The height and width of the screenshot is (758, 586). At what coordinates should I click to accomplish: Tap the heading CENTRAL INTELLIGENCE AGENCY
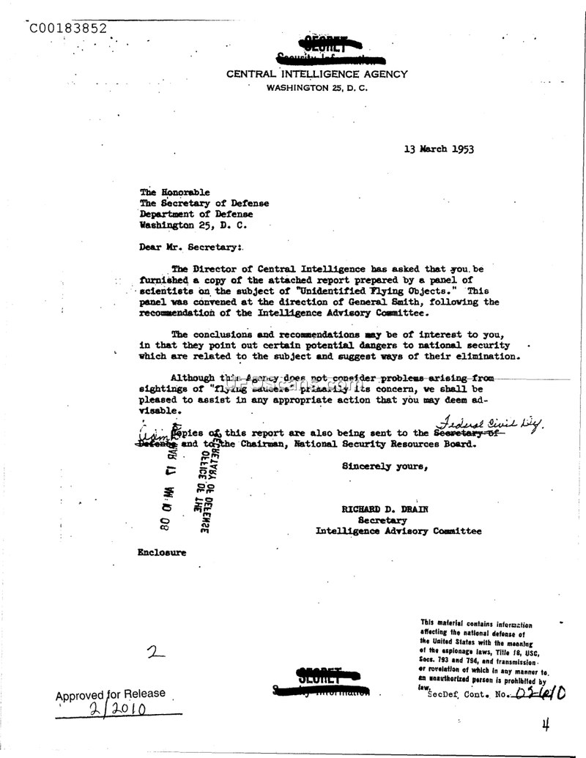(317, 74)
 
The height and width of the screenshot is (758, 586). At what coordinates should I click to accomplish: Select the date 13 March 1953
(438, 149)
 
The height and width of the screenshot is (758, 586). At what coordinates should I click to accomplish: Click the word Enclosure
(161, 552)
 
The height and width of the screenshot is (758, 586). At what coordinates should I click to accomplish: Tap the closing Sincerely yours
(385, 465)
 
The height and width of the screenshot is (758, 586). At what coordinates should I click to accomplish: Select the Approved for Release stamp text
(111, 694)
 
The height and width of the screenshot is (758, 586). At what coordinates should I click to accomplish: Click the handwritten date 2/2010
(118, 710)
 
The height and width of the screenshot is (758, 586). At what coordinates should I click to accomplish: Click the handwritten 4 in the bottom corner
(545, 725)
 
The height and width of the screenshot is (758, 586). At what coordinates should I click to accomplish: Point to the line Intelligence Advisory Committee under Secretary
(398, 531)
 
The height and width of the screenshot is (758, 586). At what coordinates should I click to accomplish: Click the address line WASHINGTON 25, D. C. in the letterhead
(317, 88)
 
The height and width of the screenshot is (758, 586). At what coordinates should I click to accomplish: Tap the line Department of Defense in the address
(196, 214)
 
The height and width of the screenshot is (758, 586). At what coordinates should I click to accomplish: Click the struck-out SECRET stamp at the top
(317, 43)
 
